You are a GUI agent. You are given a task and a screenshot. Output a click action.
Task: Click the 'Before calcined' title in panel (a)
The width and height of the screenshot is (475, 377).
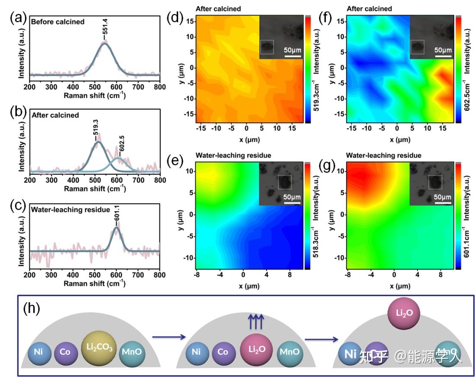(x=57, y=22)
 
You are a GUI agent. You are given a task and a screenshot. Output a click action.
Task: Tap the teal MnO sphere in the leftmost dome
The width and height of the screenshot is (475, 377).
(x=134, y=352)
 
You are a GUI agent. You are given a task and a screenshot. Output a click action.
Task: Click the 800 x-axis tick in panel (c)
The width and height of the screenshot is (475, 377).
(x=159, y=275)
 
